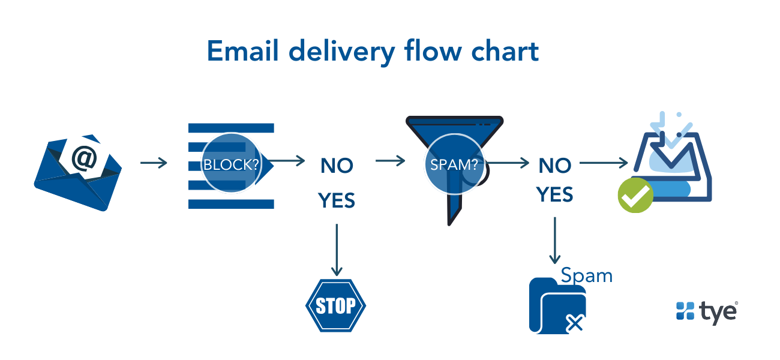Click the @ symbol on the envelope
click(84, 158)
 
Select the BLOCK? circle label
click(231, 164)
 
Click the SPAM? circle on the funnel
click(454, 165)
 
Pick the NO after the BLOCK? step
click(337, 166)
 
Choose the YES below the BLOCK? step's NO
click(337, 200)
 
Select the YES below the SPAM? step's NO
click(555, 194)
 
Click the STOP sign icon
click(336, 305)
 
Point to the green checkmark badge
click(635, 195)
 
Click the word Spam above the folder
click(586, 275)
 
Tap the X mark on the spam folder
click(575, 323)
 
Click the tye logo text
click(718, 311)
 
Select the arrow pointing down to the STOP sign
click(337, 249)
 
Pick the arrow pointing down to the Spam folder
click(555, 240)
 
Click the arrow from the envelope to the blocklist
click(154, 163)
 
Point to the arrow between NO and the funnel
click(389, 161)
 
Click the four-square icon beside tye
click(685, 310)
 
